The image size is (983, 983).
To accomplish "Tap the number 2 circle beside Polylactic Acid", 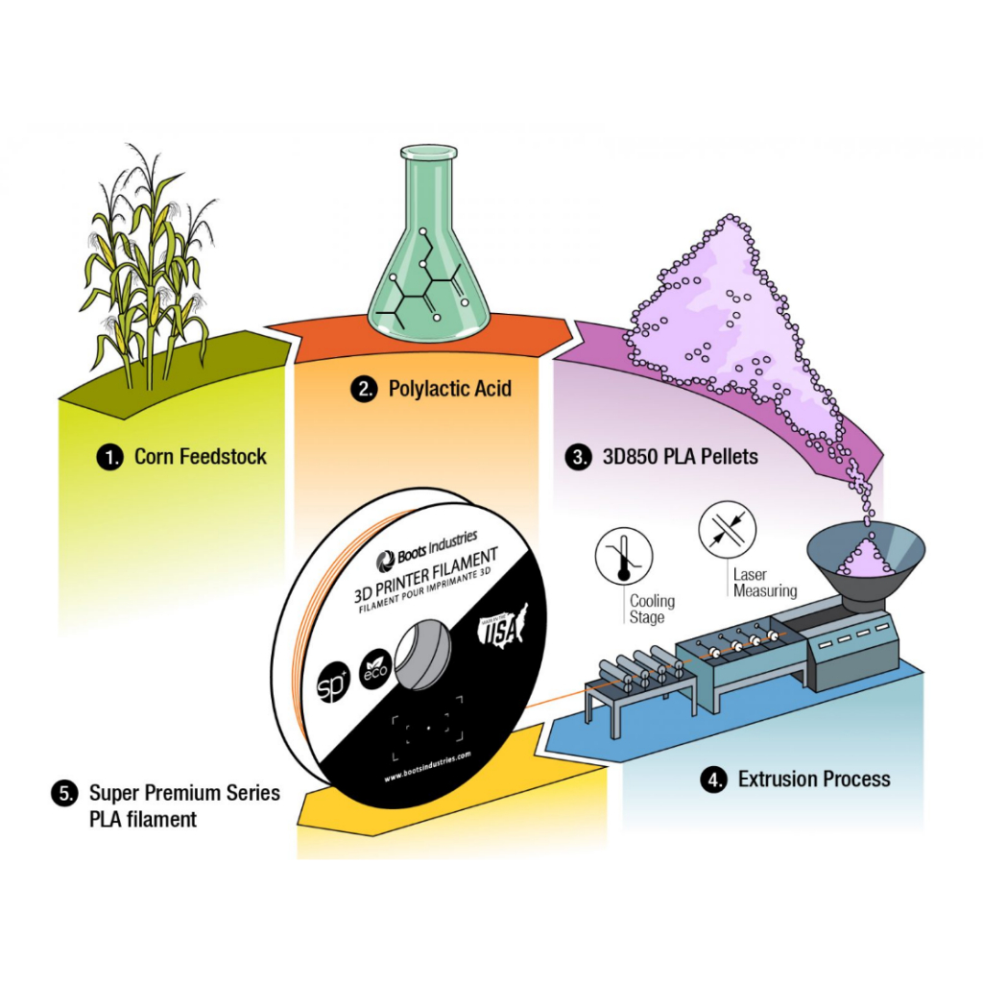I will pos(363,389).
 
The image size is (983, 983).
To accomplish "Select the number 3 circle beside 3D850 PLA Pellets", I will pos(578,457).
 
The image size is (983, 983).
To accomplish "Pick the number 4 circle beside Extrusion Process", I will pos(713,779).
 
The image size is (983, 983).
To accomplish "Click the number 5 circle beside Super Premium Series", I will pos(64,794).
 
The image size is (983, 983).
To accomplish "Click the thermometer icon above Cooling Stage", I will pos(624,558).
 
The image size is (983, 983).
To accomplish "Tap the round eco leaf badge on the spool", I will pos(373,670).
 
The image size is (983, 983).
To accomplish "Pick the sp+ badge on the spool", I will pos(332,688).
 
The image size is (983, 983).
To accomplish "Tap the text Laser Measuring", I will pos(764,583).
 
